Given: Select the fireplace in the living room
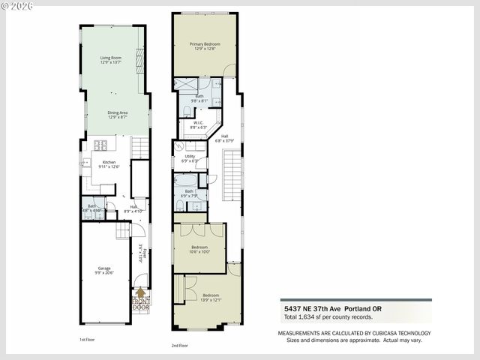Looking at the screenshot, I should pos(139,58).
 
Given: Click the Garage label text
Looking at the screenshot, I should pos(104,271).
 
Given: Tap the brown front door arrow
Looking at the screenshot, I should pos(140,293).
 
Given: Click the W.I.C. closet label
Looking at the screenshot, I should pos(199,125).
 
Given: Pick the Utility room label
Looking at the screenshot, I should pos(190,158).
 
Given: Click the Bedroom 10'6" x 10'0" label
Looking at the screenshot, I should pos(199,249).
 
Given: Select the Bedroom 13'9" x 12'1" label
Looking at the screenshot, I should pos(210,298).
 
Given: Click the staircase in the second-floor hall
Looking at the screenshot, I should pos(232,175).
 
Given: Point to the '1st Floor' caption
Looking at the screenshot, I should pos(87,340).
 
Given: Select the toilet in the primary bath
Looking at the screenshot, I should pos(187,111).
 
